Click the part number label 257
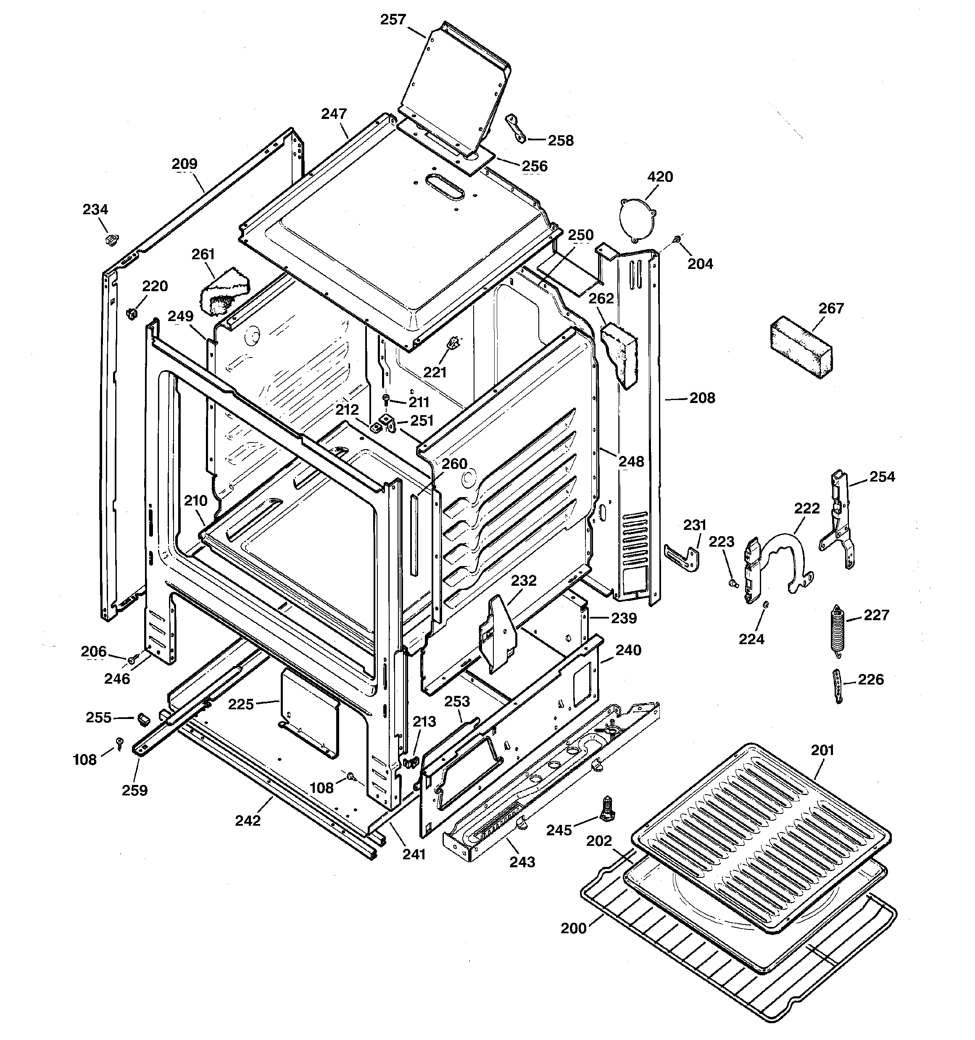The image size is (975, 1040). click(x=393, y=20)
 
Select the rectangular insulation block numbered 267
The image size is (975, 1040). click(x=801, y=348)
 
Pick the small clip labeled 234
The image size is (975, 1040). click(x=111, y=240)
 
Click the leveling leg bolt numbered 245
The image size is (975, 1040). click(x=607, y=810)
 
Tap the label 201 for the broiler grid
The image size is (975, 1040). click(x=822, y=750)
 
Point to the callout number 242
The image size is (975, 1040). click(x=248, y=820)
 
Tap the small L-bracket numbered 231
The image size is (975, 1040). click(x=684, y=558)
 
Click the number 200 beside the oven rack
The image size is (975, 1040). click(x=574, y=928)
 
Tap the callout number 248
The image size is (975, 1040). click(x=631, y=461)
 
